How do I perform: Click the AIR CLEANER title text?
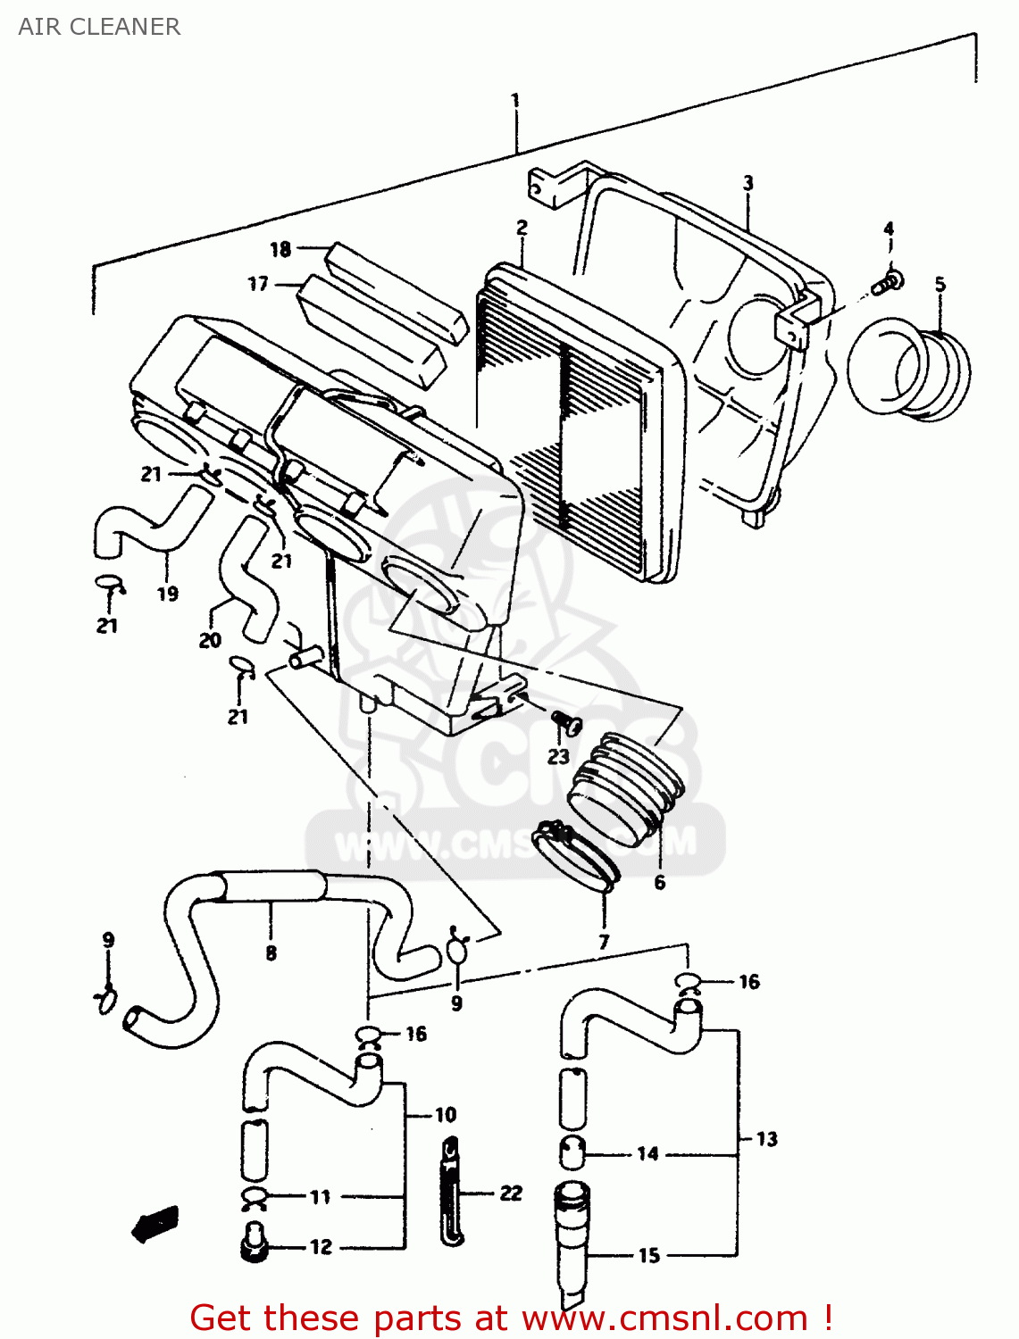click(x=99, y=27)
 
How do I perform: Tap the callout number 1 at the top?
click(x=515, y=100)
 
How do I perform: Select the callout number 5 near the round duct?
click(x=940, y=284)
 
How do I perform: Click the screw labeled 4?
click(x=890, y=282)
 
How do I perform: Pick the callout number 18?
click(x=280, y=249)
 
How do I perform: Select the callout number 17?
click(x=258, y=284)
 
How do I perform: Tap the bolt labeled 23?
click(x=565, y=720)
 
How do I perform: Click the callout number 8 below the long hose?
click(x=271, y=952)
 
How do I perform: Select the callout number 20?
click(x=210, y=640)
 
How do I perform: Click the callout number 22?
click(x=510, y=1193)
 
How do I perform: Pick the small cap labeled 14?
click(x=572, y=1152)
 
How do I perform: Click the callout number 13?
click(x=766, y=1139)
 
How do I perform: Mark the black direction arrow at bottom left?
click(x=155, y=1222)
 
